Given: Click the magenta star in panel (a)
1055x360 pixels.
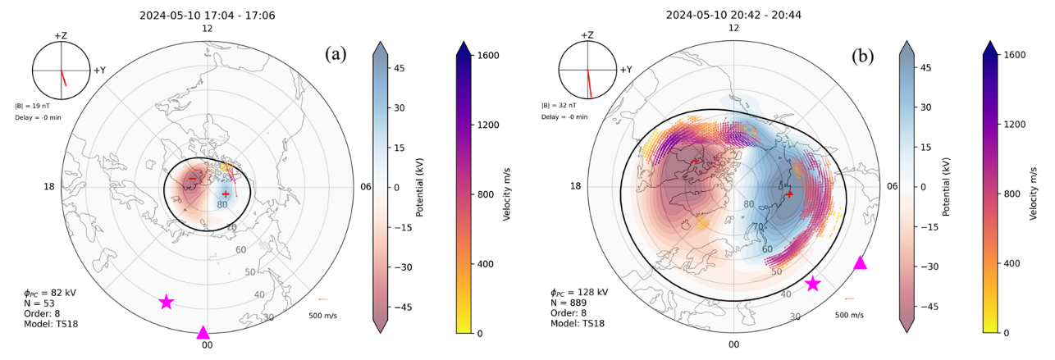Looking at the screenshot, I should point(166,302).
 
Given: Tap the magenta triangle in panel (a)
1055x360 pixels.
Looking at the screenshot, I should point(203,332).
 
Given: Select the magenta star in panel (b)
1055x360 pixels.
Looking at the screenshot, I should point(812,284).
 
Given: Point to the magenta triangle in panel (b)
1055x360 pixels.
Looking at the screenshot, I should point(859,262).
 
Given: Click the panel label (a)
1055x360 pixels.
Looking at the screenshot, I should point(336,55).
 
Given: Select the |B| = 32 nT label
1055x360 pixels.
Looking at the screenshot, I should point(558,105).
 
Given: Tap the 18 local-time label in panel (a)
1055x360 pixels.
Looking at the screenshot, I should point(50,187).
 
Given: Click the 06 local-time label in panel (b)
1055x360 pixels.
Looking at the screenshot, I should point(893,186).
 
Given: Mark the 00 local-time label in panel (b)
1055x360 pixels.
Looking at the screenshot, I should point(733,345).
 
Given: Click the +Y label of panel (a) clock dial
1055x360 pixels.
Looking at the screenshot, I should point(100,71).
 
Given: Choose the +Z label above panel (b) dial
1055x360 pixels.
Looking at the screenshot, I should point(587,35).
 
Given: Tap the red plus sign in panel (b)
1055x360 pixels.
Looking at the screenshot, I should point(789,194).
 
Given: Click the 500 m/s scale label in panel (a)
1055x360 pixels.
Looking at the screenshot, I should point(322,315).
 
